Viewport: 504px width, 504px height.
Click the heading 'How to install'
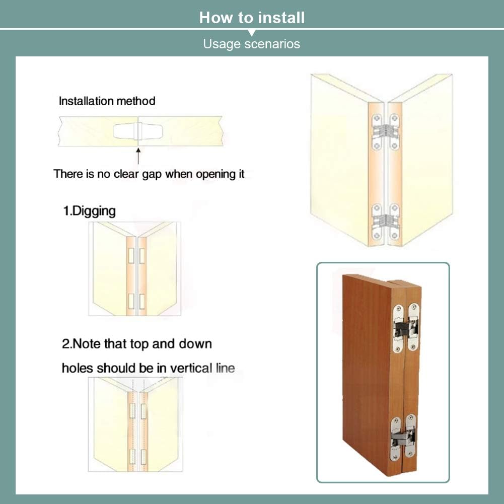coord(252,18)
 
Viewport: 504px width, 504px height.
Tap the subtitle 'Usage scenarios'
coord(251,44)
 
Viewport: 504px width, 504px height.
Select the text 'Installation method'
coord(107,101)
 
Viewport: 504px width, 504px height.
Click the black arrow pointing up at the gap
coord(138,156)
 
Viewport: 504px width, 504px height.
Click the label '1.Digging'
coord(89,211)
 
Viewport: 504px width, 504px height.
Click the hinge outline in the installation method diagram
coord(138,131)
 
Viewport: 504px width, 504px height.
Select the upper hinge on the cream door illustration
coord(385,132)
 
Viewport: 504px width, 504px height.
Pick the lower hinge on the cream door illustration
coord(385,222)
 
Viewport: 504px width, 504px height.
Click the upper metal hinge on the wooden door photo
coord(406,328)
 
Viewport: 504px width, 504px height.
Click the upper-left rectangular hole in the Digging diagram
coord(131,256)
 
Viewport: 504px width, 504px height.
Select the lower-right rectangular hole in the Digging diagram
coord(142,301)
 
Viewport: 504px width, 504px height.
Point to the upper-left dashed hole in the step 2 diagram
coord(132,411)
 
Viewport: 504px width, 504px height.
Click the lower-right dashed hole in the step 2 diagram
coord(143,457)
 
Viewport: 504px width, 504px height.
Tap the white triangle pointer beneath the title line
coord(252,33)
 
